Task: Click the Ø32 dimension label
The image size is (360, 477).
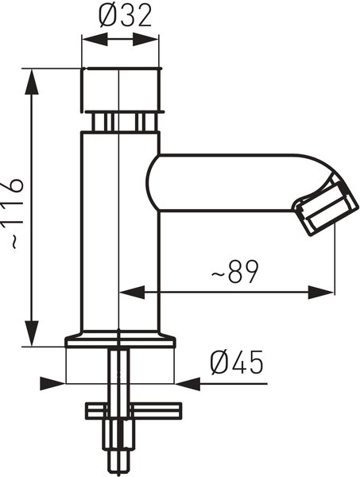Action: point(125,16)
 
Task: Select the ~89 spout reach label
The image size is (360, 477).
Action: point(234,271)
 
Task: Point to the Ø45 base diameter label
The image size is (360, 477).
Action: point(236,362)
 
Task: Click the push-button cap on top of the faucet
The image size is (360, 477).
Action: point(120,90)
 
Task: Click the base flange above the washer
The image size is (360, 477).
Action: point(121,339)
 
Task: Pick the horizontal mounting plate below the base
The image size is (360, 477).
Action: point(134,410)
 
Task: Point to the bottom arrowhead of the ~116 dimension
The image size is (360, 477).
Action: point(32,334)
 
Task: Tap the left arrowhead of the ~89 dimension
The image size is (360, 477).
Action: point(132,293)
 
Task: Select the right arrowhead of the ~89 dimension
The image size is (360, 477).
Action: point(321,293)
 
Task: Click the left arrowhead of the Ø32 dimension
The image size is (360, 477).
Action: point(95,40)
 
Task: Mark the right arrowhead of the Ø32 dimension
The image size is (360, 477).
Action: point(145,40)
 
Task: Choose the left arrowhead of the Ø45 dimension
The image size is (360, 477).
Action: point(52,384)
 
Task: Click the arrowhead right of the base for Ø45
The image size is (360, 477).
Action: point(188,384)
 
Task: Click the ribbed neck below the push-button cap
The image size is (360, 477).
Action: point(121,122)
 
